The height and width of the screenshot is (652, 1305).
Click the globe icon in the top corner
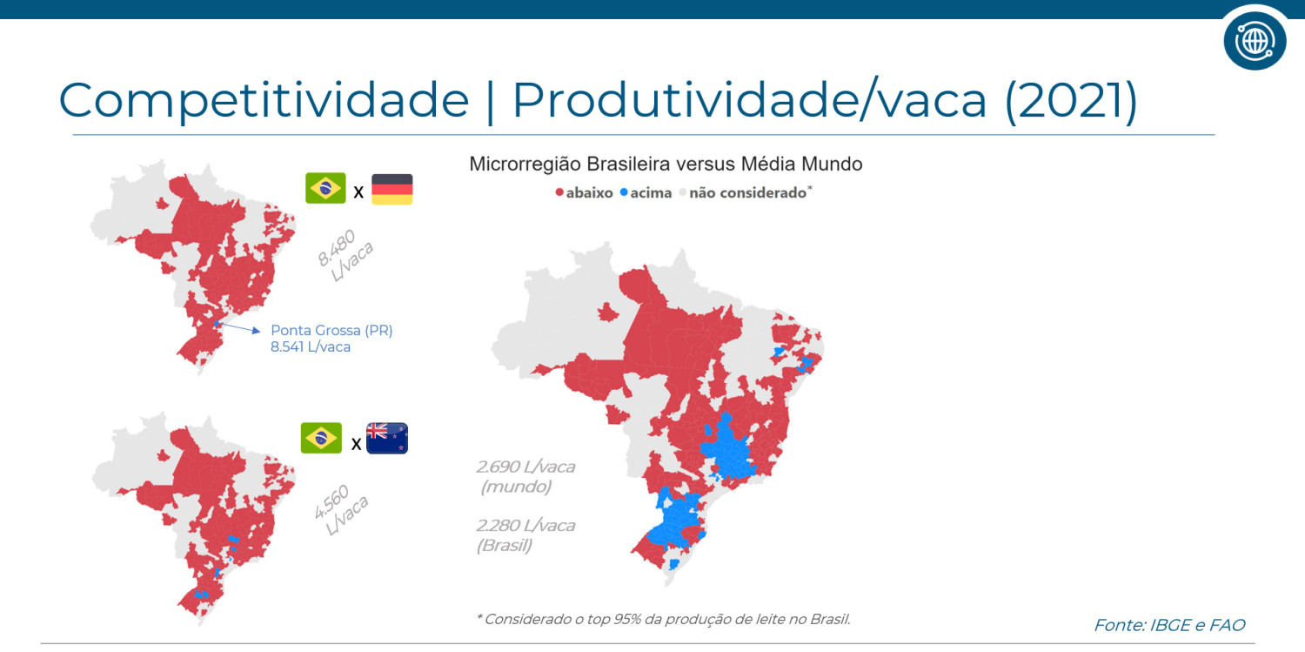pyautogui.click(x=1255, y=40)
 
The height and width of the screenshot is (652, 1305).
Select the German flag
pyautogui.click(x=392, y=189)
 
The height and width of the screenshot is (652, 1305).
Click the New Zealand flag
pyautogui.click(x=387, y=438)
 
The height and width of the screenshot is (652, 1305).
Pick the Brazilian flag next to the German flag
pyautogui.click(x=325, y=188)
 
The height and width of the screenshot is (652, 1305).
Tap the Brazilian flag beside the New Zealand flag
pyautogui.click(x=321, y=438)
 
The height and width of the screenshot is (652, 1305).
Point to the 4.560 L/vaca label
pyautogui.click(x=341, y=509)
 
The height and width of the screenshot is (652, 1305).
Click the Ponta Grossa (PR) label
pyautogui.click(x=331, y=331)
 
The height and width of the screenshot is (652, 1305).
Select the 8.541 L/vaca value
pyautogui.click(x=311, y=347)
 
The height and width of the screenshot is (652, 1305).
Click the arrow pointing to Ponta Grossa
pyautogui.click(x=238, y=328)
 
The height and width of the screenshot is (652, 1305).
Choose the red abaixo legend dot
pyautogui.click(x=559, y=192)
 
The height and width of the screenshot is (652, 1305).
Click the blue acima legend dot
pyautogui.click(x=624, y=192)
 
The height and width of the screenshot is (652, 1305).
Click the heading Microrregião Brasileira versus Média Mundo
pyautogui.click(x=666, y=165)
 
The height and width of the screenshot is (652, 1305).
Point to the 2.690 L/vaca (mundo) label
pyautogui.click(x=525, y=476)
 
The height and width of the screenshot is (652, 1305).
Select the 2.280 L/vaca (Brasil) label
pyautogui.click(x=525, y=534)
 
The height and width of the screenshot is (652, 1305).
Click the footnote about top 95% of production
pyautogui.click(x=663, y=619)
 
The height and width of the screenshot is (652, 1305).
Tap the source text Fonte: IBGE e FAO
pyautogui.click(x=1169, y=625)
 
